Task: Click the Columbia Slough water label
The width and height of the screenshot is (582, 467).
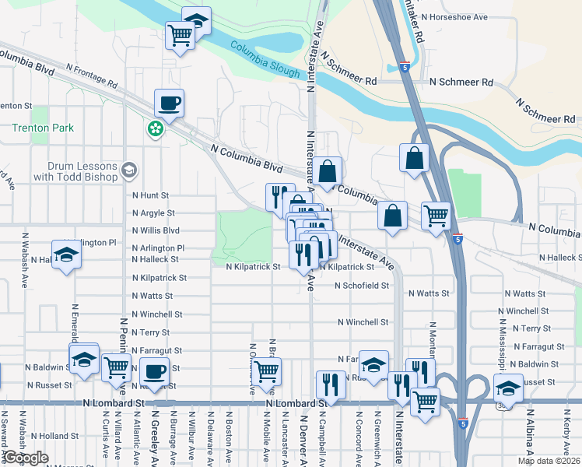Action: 265,61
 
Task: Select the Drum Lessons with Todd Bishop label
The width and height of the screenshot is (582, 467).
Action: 82,171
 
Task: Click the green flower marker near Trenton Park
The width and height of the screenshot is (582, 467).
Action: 156,127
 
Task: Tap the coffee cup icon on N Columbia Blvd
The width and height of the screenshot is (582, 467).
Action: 170,103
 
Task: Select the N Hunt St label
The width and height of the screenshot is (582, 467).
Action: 150,195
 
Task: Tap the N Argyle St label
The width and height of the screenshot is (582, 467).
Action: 153,212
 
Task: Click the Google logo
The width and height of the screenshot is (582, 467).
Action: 26,458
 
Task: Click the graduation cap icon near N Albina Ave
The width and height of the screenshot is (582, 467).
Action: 507,386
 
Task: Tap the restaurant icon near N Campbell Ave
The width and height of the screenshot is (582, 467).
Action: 330,384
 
